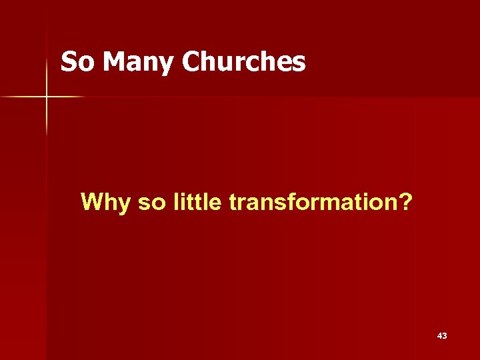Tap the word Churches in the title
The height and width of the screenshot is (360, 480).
(x=243, y=63)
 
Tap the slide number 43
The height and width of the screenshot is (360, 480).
(x=442, y=336)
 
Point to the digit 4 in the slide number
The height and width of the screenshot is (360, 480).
(x=439, y=336)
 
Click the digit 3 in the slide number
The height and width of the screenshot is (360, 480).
(x=445, y=336)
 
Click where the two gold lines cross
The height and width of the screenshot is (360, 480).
(x=47, y=97)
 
